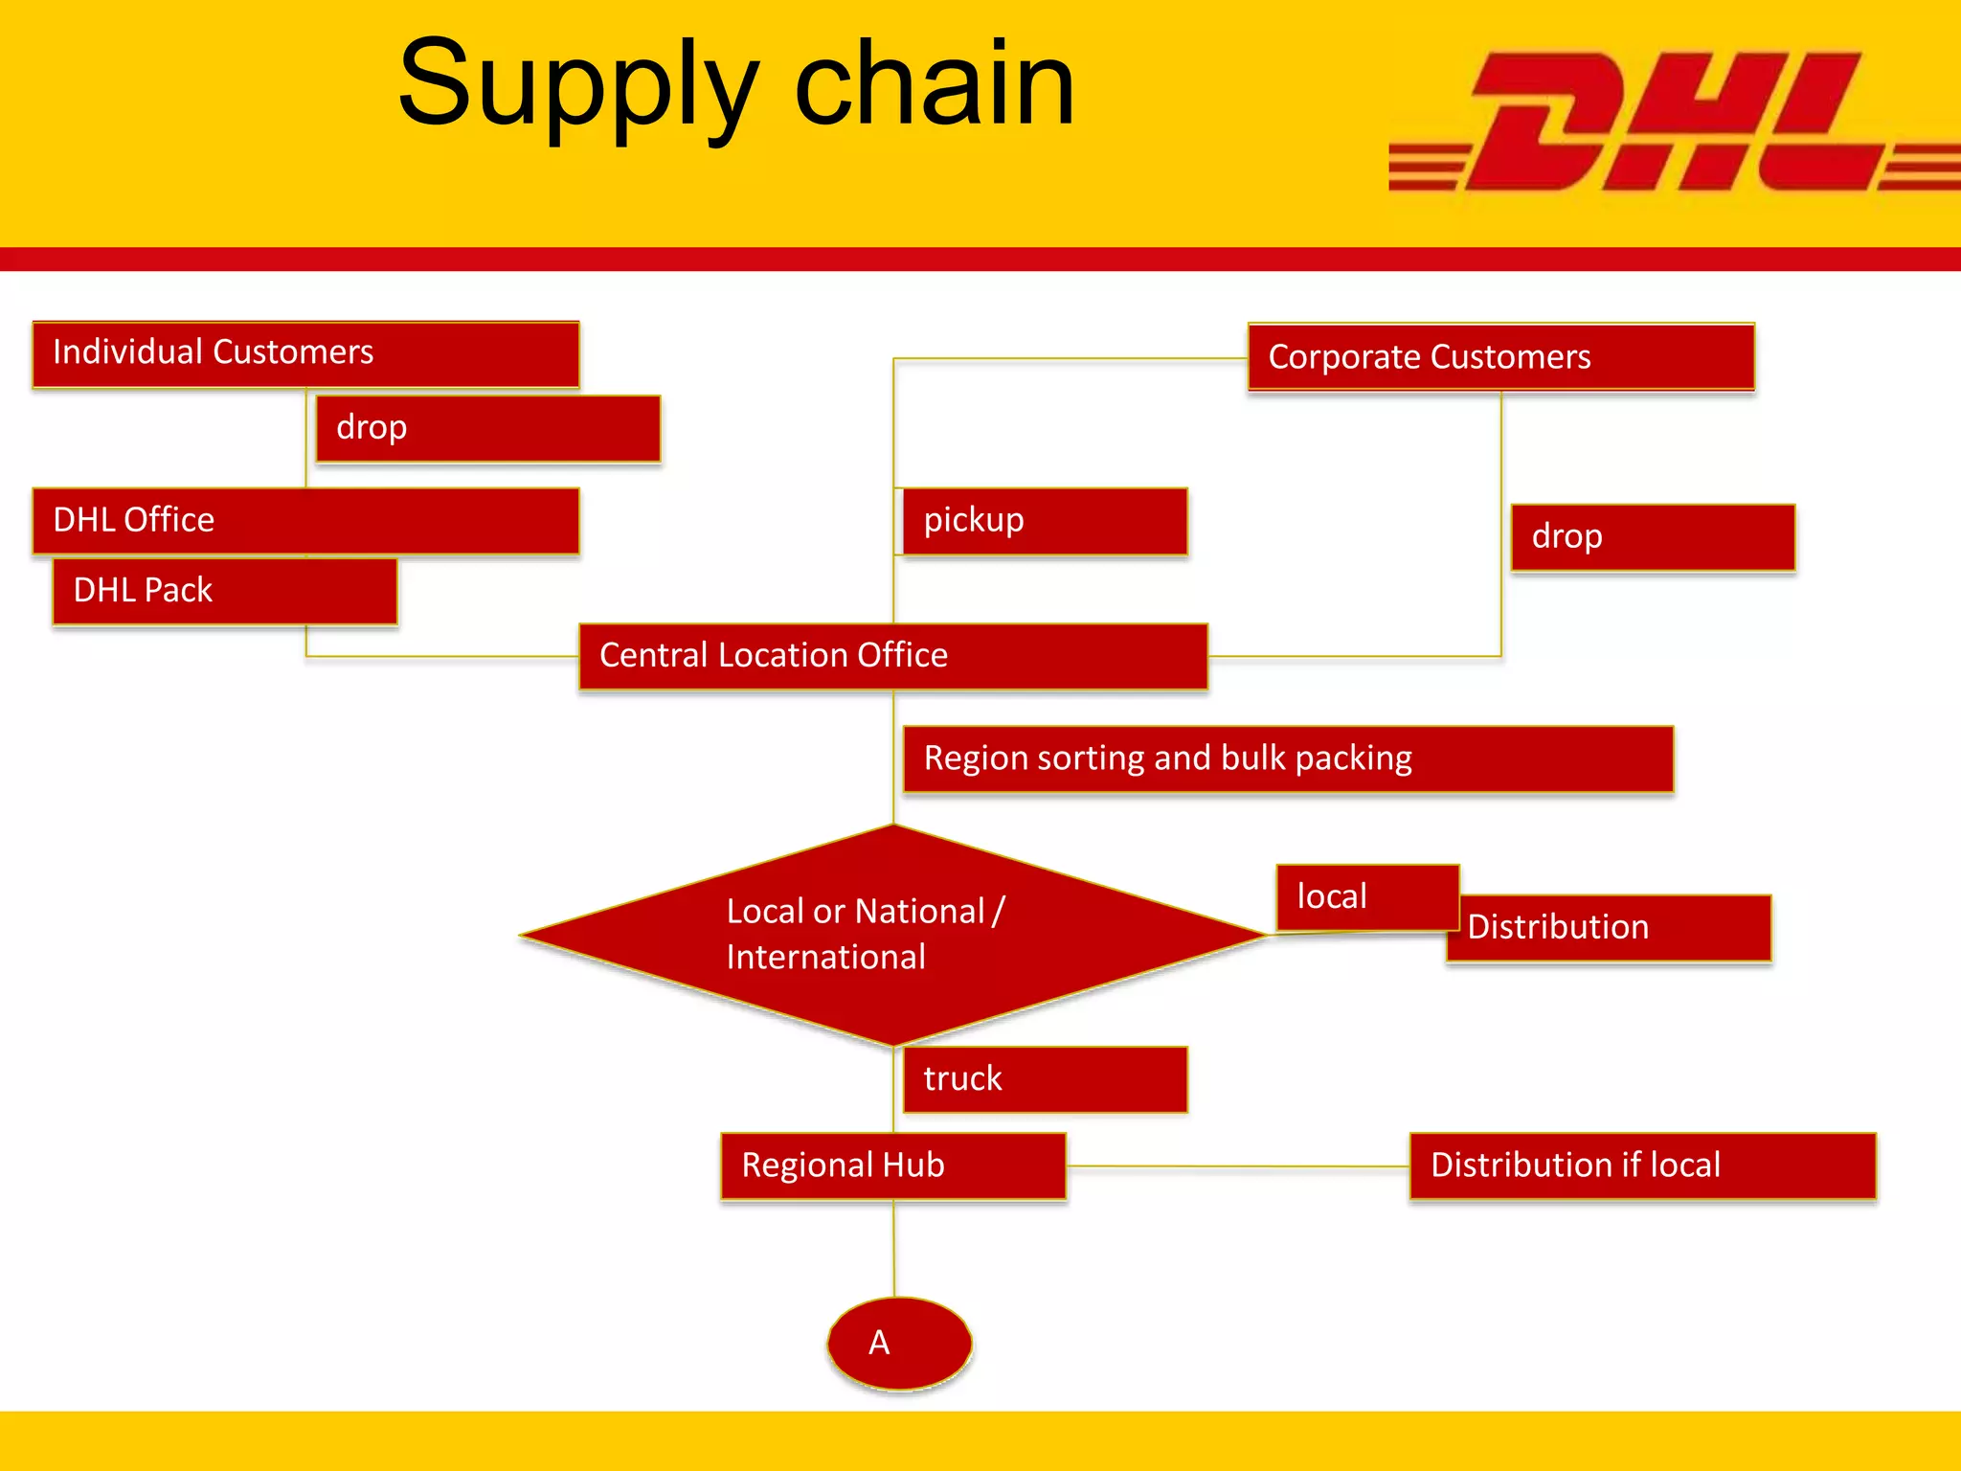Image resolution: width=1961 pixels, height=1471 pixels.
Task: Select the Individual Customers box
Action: click(305, 354)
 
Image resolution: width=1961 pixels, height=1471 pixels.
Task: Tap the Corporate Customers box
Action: click(1500, 357)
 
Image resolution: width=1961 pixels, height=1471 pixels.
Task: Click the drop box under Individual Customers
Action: click(488, 428)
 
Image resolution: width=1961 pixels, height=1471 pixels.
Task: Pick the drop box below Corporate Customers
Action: click(1653, 537)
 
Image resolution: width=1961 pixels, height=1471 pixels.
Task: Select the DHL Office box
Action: click(305, 520)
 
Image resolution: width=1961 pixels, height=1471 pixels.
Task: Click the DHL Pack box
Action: click(225, 591)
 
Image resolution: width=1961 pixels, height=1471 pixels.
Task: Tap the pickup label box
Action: click(1045, 521)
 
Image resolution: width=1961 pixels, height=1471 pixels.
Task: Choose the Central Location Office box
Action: click(892, 656)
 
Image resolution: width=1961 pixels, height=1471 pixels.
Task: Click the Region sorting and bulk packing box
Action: click(1288, 758)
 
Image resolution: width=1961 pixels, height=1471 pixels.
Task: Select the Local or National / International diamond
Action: click(892, 935)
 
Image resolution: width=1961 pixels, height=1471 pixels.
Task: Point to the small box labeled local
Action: click(1366, 897)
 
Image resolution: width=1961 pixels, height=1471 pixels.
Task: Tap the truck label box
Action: click(1045, 1079)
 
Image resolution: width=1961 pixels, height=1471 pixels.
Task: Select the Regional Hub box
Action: click(892, 1165)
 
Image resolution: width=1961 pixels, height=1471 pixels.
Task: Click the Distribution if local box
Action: click(1642, 1165)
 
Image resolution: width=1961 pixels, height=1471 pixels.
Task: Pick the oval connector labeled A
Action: click(899, 1343)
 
